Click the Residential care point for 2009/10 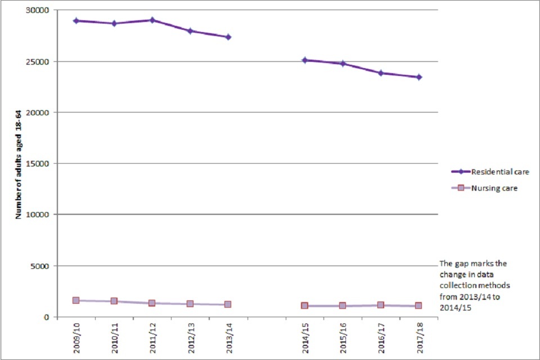[x=76, y=21]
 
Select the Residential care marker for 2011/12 [x=152, y=20]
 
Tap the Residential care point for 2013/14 [x=228, y=37]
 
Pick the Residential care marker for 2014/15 [x=304, y=60]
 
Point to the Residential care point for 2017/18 [x=419, y=77]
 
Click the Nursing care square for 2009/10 [x=76, y=300]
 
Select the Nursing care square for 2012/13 [x=190, y=304]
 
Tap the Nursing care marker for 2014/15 [x=304, y=305]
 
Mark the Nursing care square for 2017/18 [x=419, y=305]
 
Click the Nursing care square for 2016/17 [x=381, y=305]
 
